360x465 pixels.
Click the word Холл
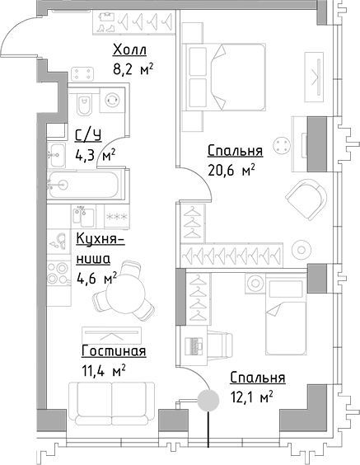point(130,51)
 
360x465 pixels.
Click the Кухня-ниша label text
point(99,248)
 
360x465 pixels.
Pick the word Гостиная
point(115,352)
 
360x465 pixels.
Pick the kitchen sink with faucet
point(58,240)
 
